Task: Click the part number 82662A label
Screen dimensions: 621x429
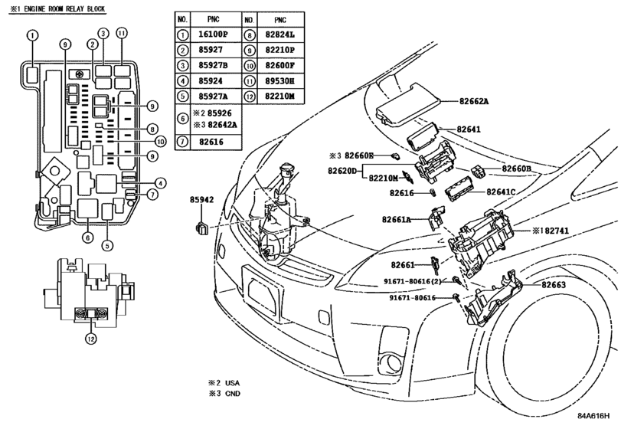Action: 474,101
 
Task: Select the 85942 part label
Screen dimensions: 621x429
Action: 201,200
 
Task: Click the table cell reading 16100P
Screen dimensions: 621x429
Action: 213,34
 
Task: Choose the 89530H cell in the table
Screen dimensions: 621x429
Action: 279,80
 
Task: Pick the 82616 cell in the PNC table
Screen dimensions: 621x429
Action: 211,142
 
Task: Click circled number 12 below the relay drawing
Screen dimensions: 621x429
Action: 91,339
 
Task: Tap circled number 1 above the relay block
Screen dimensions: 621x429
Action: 32,35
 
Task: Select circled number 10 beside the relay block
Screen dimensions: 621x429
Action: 160,142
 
